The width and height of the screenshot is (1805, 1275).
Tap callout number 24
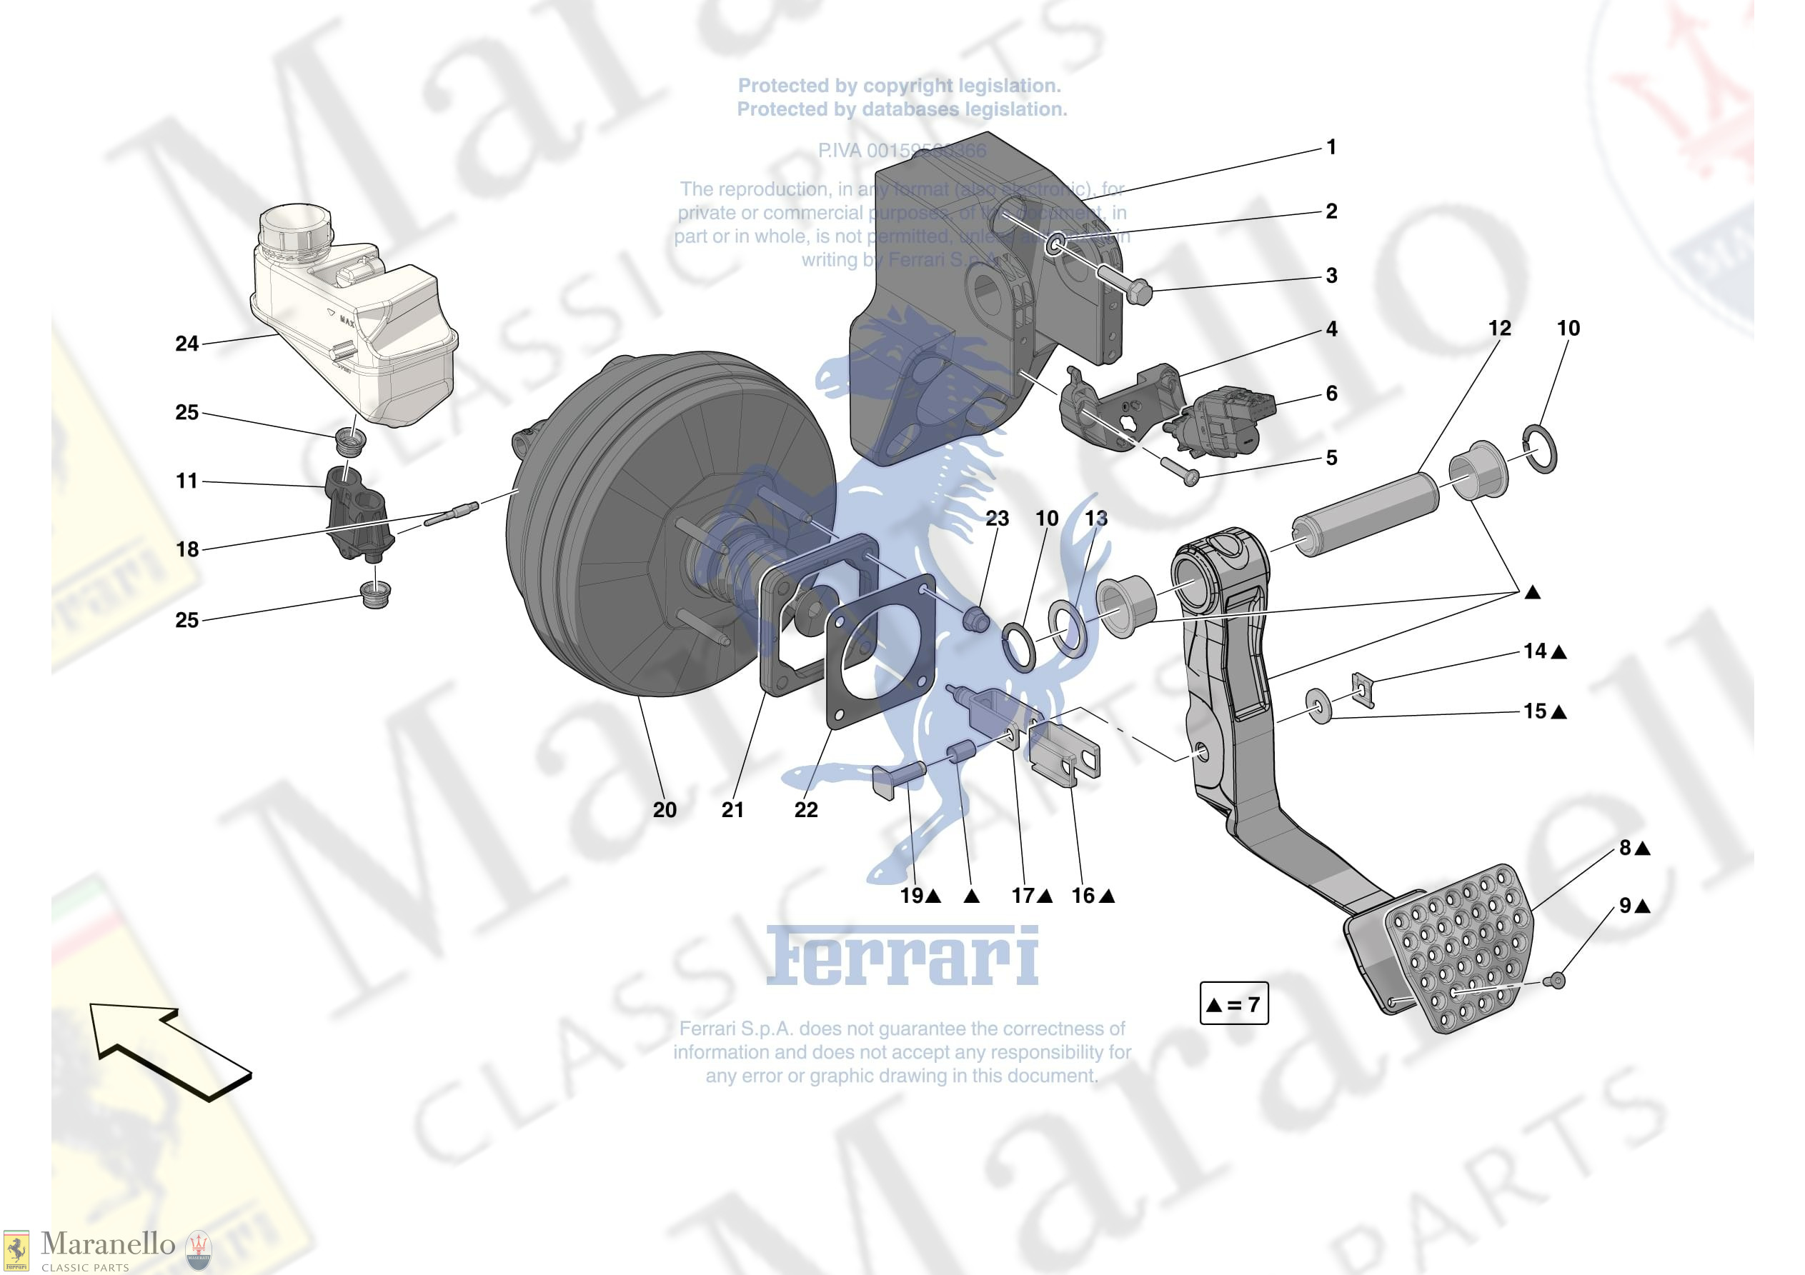pyautogui.click(x=187, y=344)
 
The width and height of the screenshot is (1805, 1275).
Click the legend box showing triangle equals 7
pyautogui.click(x=1233, y=1004)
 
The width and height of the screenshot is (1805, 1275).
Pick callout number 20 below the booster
pyautogui.click(x=665, y=810)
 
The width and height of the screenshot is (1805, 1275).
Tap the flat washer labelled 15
pyautogui.click(x=1318, y=706)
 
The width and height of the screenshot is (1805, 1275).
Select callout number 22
pyautogui.click(x=806, y=810)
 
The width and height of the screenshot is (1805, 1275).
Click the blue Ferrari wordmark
pyautogui.click(x=902, y=955)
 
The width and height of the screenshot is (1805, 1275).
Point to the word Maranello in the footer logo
pyautogui.click(x=108, y=1244)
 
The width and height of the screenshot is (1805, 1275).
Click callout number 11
pyautogui.click(x=187, y=480)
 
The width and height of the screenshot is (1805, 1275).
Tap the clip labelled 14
pyautogui.click(x=1363, y=689)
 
